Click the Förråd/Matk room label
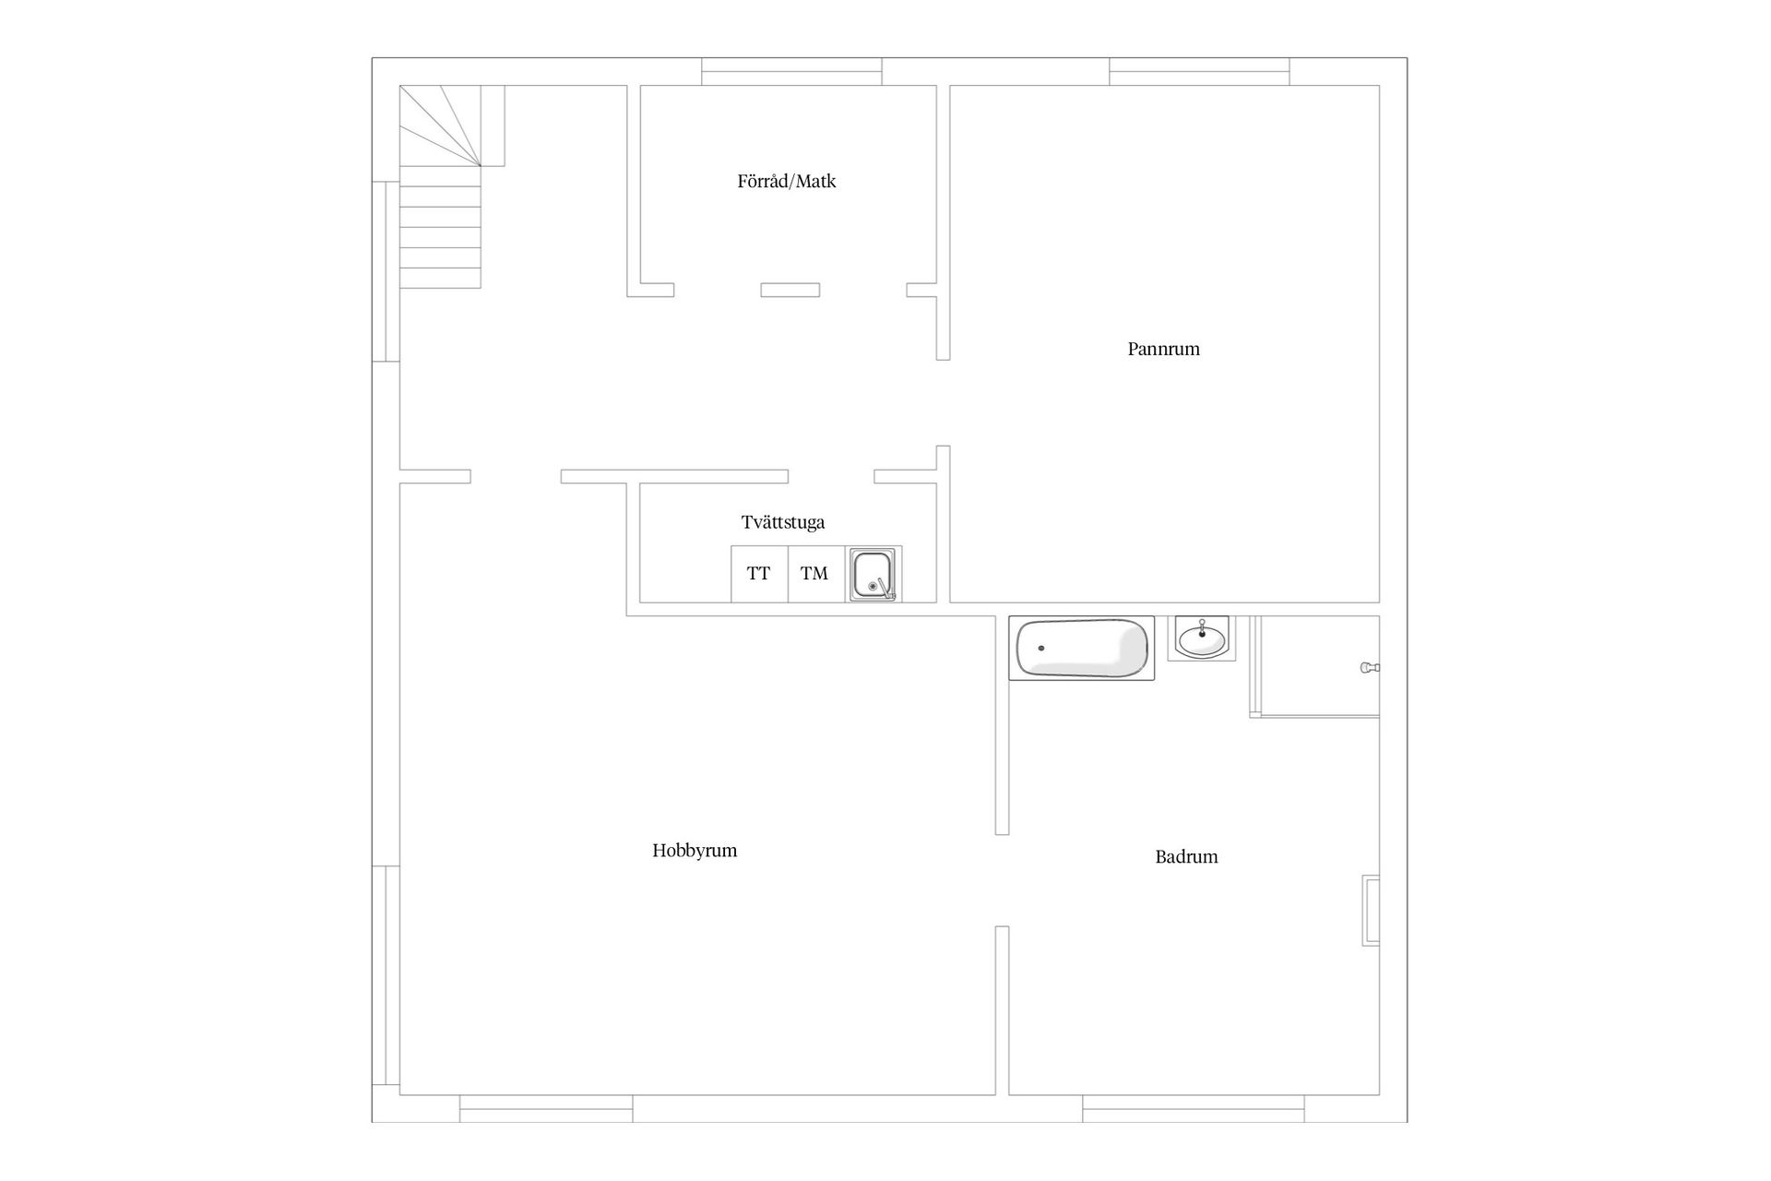click(787, 182)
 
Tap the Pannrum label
click(1163, 349)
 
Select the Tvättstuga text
click(783, 522)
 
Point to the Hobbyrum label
click(695, 851)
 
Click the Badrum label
click(1186, 856)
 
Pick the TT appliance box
click(759, 574)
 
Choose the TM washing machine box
click(816, 574)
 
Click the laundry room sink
click(874, 574)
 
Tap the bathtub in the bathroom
click(1082, 649)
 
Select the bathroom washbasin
click(1202, 638)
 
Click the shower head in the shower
click(1370, 667)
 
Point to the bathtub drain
click(1041, 648)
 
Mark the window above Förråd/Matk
click(791, 72)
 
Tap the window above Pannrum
click(1199, 72)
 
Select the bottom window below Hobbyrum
click(546, 1108)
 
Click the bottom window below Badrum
click(1194, 1108)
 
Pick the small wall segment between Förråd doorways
click(790, 290)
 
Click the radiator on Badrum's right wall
click(1372, 911)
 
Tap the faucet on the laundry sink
click(885, 588)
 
